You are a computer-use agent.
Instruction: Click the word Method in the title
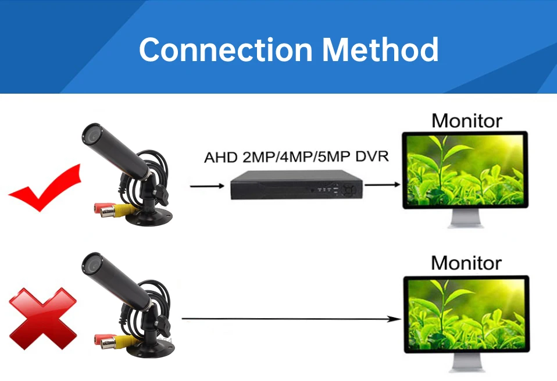tap(380, 49)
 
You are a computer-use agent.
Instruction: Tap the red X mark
tap(42, 318)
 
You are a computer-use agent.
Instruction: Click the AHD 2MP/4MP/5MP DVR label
tap(296, 158)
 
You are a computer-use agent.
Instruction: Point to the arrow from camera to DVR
tap(207, 186)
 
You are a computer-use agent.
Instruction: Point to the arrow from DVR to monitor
tap(382, 185)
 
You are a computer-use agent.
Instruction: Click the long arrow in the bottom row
tap(291, 319)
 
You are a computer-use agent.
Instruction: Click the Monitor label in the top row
tap(467, 121)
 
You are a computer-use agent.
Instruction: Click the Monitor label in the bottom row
tap(466, 263)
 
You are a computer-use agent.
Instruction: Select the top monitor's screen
tap(465, 170)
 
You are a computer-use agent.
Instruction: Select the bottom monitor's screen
tap(466, 314)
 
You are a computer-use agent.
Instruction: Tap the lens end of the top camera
tap(91, 134)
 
